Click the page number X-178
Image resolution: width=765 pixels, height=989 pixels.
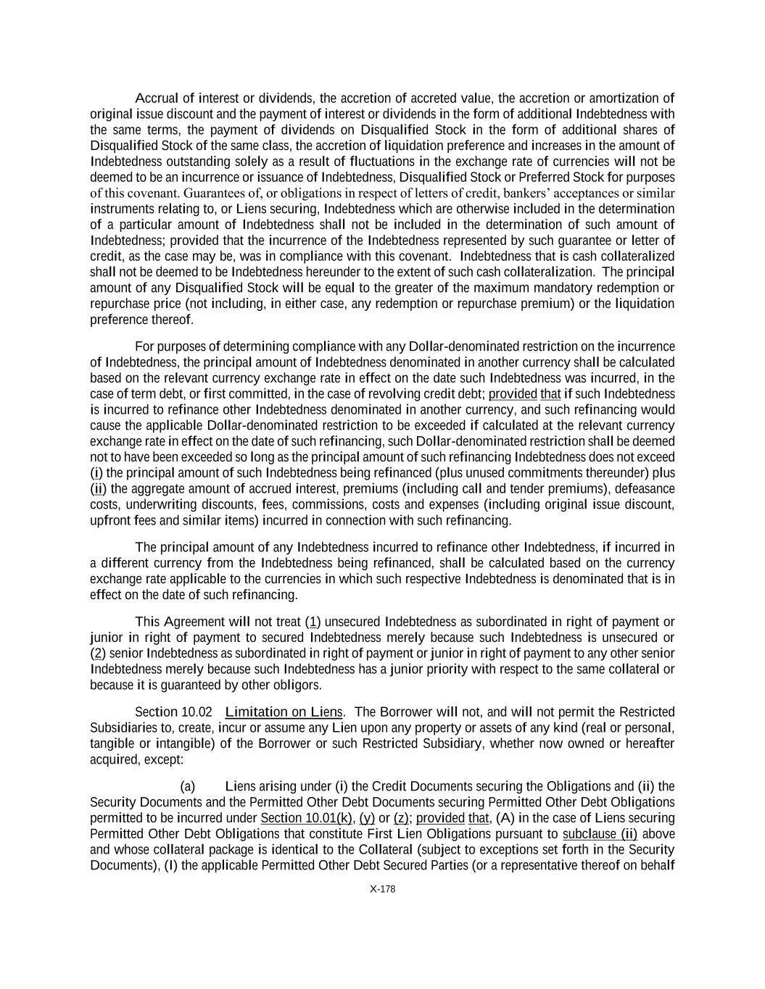coord(382,890)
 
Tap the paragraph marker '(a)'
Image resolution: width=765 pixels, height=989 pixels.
coord(187,787)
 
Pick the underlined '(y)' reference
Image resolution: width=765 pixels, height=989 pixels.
coord(367,819)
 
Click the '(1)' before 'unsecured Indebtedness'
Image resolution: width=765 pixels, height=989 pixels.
coord(313,622)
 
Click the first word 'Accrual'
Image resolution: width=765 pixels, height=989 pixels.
coord(157,99)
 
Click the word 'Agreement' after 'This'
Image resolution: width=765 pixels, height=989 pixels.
coord(194,622)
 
